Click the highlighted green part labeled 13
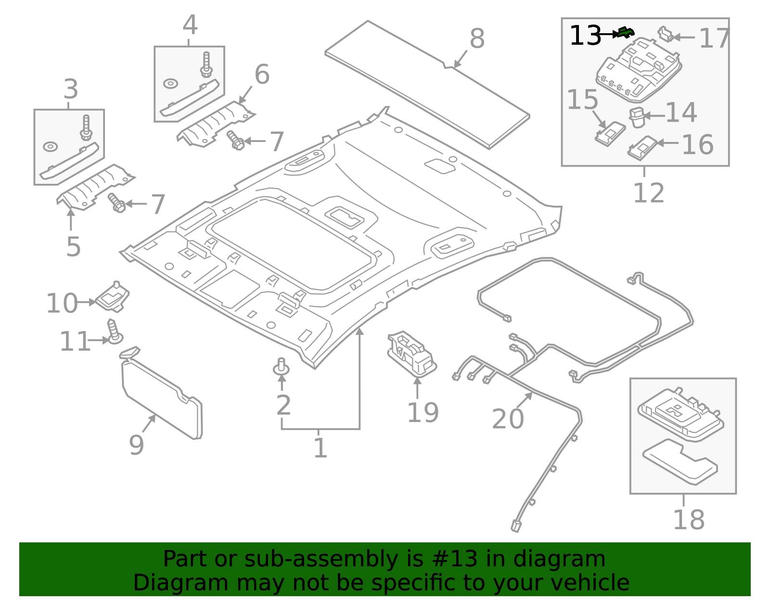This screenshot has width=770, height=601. [x=626, y=32]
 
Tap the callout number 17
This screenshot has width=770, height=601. [x=714, y=38]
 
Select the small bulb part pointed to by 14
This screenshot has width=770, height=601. [x=637, y=117]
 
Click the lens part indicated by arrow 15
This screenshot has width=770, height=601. [x=610, y=133]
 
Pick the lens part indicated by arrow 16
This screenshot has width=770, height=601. [x=642, y=147]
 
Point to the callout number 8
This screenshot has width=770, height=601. [x=476, y=38]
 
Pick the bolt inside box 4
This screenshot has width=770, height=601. [x=206, y=64]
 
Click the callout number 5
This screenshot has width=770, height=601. [x=73, y=246]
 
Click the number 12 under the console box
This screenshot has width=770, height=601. [x=648, y=193]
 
